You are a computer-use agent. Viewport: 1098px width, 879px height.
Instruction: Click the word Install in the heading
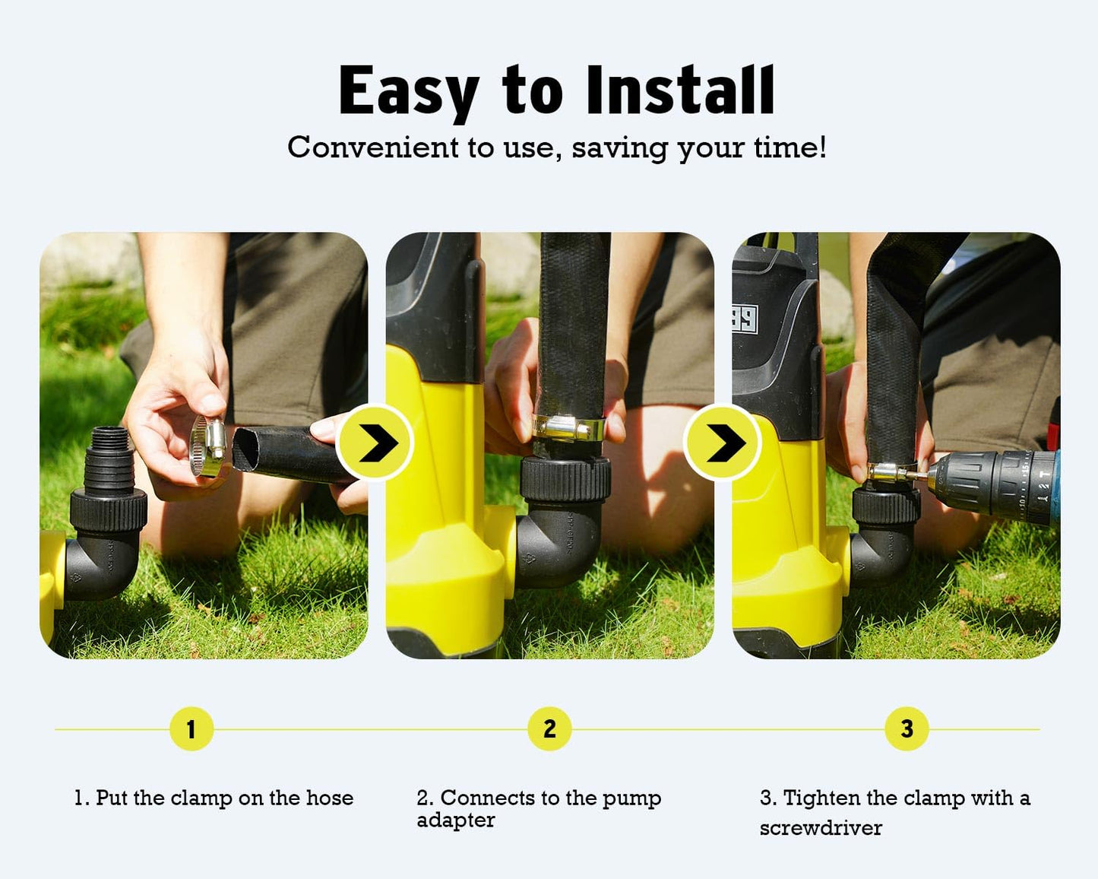point(680,90)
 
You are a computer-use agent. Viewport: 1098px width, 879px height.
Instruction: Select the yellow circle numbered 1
point(191,729)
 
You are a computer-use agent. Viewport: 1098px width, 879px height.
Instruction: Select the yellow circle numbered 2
point(549,729)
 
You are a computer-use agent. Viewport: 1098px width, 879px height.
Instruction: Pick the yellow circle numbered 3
point(907,729)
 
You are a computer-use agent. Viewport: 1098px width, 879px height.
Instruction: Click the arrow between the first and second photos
point(375,443)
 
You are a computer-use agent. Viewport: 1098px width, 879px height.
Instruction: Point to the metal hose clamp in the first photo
point(207,446)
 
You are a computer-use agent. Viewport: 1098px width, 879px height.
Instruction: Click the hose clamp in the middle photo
point(568,428)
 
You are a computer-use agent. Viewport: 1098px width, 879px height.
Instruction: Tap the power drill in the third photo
point(990,483)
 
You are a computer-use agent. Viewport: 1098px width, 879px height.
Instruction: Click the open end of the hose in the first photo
point(246,449)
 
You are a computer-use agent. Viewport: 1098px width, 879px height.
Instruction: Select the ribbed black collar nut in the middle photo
point(565,480)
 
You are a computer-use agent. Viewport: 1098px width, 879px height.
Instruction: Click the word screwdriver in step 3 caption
point(821,828)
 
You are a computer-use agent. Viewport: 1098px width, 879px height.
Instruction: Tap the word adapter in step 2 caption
point(456,820)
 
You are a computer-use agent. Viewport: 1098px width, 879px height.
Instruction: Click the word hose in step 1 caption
point(329,798)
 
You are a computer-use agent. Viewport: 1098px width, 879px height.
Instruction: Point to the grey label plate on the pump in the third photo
point(745,319)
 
